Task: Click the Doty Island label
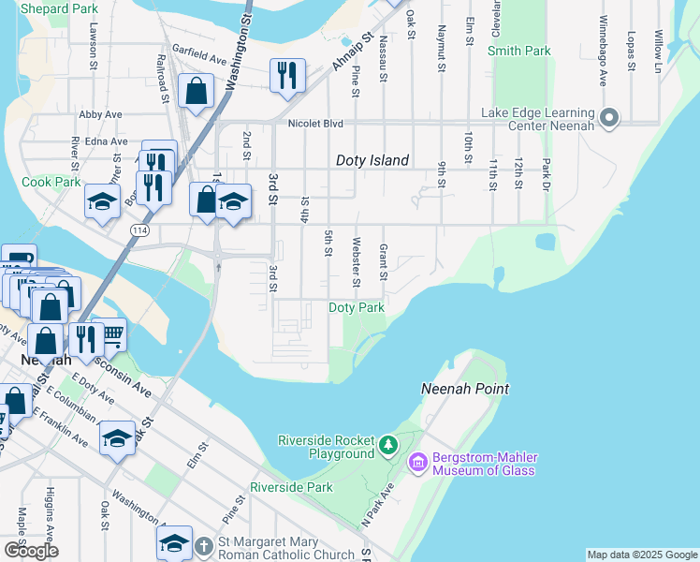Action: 372,160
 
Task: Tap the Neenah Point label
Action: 465,388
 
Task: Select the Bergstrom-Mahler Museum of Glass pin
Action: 417,462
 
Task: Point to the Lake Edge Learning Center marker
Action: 609,119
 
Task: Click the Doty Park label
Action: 357,307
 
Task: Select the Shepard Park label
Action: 58,8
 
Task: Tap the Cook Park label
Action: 51,182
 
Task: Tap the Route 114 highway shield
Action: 139,229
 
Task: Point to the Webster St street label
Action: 356,262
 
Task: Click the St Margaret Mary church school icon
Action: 175,542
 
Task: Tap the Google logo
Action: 31,551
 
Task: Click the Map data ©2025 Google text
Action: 641,555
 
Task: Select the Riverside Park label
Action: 291,488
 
